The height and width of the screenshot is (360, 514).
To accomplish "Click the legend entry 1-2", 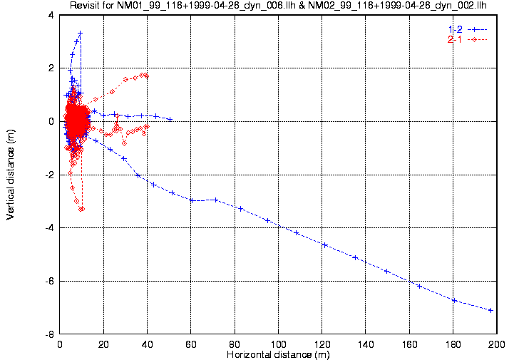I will (x=455, y=29).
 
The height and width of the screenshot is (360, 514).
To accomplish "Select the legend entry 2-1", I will (x=455, y=39).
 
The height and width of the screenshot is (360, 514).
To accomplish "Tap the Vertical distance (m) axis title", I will (x=11, y=175).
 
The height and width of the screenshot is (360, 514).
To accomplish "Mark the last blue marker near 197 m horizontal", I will (x=491, y=310).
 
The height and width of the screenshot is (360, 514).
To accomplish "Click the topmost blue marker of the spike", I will (x=81, y=33).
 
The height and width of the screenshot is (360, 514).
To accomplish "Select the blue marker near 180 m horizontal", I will (x=454, y=300).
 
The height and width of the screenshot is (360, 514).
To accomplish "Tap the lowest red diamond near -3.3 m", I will (x=82, y=209).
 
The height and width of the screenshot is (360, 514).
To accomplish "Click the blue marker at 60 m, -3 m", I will (x=191, y=200).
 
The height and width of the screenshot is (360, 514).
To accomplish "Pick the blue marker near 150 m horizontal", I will (x=386, y=271).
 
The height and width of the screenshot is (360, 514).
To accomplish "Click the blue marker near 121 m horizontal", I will (x=324, y=245).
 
